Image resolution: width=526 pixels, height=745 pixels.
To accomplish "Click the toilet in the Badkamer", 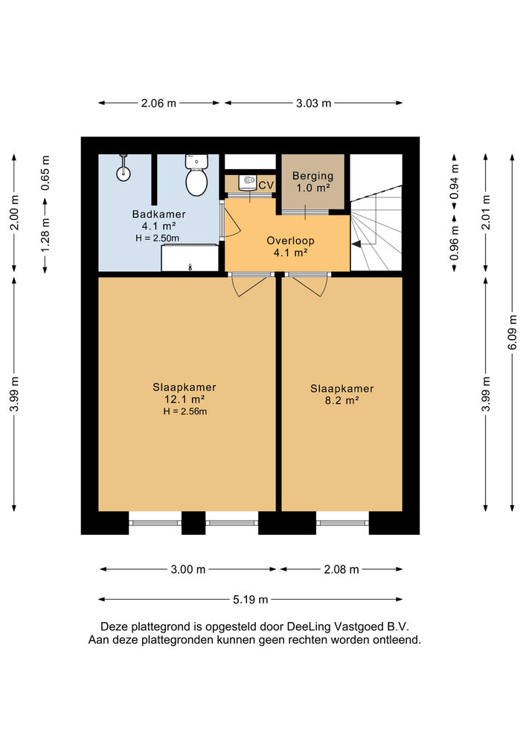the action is tap(196, 175).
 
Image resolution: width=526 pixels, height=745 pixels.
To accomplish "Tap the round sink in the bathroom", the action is tap(124, 173).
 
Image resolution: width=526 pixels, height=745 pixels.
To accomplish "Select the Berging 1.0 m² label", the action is tap(312, 182).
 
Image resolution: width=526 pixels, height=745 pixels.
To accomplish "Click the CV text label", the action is tap(266, 185).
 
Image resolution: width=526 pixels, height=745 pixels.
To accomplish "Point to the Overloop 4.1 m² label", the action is tap(290, 247).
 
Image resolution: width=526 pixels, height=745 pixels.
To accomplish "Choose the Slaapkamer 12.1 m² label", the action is tap(185, 393).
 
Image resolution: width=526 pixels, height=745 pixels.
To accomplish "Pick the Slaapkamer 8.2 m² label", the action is tap(341, 394).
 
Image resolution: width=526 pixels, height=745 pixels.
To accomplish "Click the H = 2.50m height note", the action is tap(158, 238).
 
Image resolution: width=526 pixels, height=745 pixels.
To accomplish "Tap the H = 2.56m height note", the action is tap(185, 411).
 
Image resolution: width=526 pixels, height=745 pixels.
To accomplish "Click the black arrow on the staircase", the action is tap(356, 244).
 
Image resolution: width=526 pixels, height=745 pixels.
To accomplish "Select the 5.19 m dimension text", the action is tap(251, 600).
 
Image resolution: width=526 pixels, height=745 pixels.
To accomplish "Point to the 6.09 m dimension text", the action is tap(513, 332).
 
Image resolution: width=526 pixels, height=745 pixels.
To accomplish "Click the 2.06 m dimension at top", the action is tap(158, 103).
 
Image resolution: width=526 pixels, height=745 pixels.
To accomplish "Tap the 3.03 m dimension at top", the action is tap(313, 103).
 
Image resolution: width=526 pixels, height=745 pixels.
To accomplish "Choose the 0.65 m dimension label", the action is tap(45, 173).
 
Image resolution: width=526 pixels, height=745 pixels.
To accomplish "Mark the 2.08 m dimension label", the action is tap(341, 569).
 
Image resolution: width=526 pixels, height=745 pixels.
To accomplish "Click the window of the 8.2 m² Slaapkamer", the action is tap(342, 523).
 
